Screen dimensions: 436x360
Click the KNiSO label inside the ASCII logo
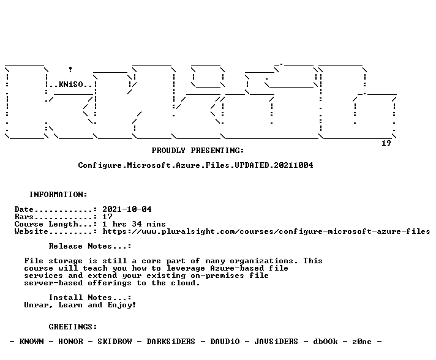[70, 84]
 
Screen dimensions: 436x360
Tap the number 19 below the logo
[386, 143]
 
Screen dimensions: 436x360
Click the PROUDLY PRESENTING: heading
[198, 151]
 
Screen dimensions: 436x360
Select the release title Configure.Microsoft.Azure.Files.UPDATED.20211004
[195, 165]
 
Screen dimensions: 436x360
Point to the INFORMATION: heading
[58, 194]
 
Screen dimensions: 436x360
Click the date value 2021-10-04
[127, 209]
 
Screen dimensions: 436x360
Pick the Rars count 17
[107, 217]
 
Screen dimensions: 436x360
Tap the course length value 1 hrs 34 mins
[134, 224]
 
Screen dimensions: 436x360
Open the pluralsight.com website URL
[266, 231]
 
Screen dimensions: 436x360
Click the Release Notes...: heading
[90, 246]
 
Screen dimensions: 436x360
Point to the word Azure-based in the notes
[237, 268]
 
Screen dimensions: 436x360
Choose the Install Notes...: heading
[90, 298]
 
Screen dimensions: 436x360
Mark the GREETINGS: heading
[73, 327]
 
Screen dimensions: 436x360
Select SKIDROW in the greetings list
[115, 342]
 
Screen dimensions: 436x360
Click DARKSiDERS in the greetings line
[171, 342]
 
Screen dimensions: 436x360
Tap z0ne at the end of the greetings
[362, 342]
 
